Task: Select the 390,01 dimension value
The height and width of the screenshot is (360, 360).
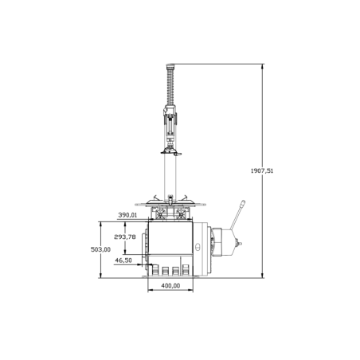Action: pos(128,215)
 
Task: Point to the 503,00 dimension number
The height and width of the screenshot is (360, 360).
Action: pos(101,249)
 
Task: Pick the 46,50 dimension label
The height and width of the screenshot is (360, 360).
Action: pos(123,260)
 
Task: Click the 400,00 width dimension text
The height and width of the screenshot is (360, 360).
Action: pos(170,285)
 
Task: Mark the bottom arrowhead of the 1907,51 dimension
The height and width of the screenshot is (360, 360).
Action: pos(262,276)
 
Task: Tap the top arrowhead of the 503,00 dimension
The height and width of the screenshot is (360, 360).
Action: pos(101,224)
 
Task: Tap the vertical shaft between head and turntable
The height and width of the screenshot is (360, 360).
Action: pos(170,175)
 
